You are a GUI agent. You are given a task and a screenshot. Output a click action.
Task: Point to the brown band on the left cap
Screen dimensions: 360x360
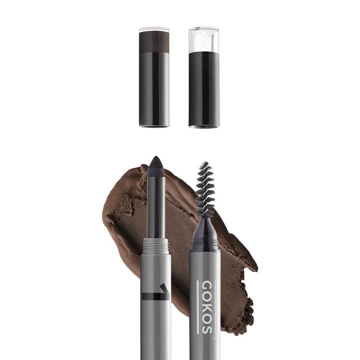click(x=154, y=41)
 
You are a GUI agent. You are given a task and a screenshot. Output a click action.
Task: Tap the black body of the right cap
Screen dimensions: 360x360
click(x=203, y=87)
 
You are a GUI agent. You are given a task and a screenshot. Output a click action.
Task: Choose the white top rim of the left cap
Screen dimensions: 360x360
click(x=154, y=29)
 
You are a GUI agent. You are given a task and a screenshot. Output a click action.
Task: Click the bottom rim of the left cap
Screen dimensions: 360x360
click(x=154, y=125)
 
